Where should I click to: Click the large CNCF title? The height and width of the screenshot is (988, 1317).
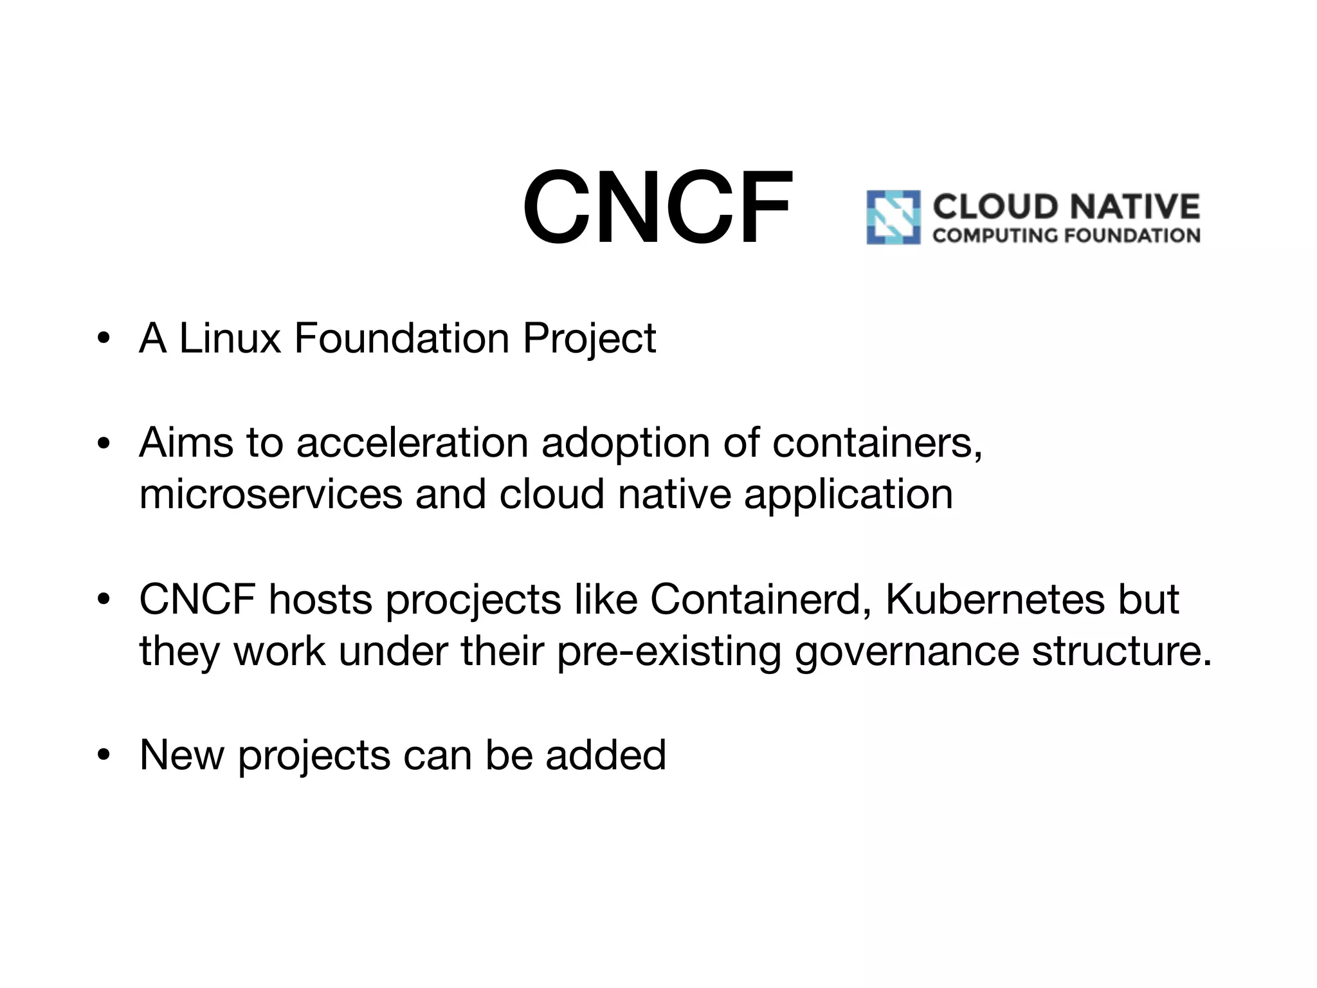click(x=657, y=207)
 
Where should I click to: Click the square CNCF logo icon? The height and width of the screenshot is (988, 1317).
click(x=893, y=217)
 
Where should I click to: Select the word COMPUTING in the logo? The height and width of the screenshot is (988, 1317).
click(x=995, y=235)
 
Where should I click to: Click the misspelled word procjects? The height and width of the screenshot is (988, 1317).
click(x=473, y=599)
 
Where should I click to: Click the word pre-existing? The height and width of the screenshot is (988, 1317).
click(x=669, y=651)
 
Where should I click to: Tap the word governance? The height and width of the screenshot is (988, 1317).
click(x=907, y=651)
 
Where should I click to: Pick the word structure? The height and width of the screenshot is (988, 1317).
click(x=1122, y=651)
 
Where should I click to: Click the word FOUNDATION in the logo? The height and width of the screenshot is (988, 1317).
click(x=1132, y=235)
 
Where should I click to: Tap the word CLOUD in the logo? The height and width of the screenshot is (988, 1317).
click(x=995, y=207)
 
